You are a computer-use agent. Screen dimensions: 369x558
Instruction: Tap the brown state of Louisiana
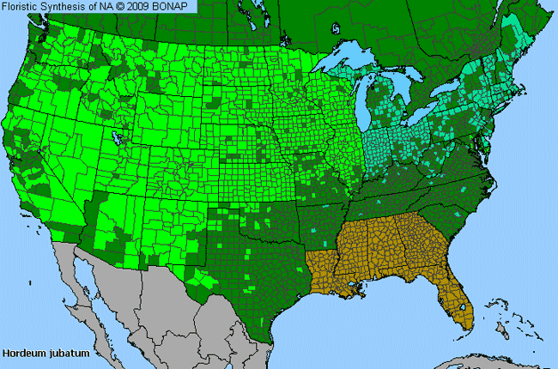(327, 275)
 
